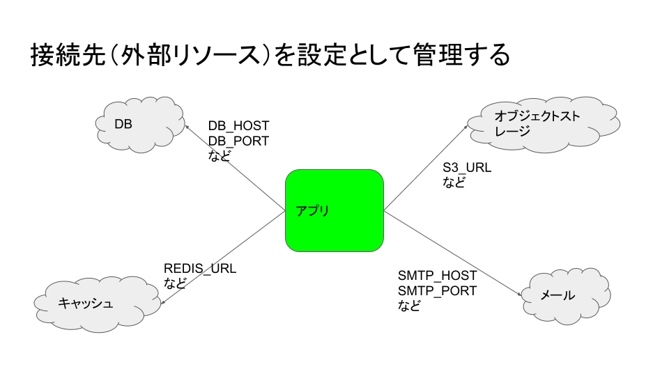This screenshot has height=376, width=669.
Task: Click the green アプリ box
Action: tap(334, 210)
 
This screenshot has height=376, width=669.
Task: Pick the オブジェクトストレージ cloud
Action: tap(544, 124)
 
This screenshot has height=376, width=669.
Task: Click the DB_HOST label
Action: tap(238, 126)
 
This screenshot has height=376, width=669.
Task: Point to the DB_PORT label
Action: tap(238, 141)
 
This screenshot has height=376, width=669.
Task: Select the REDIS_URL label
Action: tap(200, 269)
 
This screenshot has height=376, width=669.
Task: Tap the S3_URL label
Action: tap(467, 168)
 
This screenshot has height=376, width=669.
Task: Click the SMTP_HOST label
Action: tap(438, 276)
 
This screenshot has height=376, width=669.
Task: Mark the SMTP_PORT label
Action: tap(438, 290)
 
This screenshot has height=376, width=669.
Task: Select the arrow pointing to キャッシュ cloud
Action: tap(223, 257)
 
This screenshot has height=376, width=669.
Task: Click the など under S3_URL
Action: tap(454, 182)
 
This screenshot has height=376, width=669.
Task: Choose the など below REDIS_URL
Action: tap(175, 283)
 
